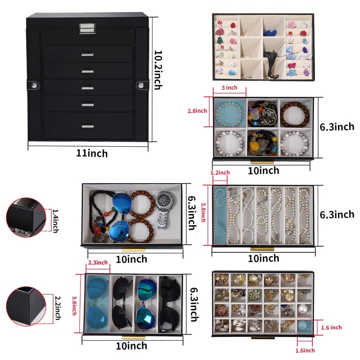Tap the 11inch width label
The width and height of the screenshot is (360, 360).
click(x=92, y=153)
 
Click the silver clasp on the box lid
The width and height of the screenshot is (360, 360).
click(x=89, y=28)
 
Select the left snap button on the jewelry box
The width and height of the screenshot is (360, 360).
click(x=34, y=84)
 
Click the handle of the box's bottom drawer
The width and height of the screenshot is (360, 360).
click(x=88, y=126)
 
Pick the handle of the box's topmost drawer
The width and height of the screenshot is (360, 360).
click(x=88, y=54)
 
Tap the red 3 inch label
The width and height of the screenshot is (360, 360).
click(x=229, y=87)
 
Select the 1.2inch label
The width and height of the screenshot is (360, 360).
click(x=220, y=172)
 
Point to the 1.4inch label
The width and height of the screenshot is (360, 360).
click(x=55, y=220)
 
